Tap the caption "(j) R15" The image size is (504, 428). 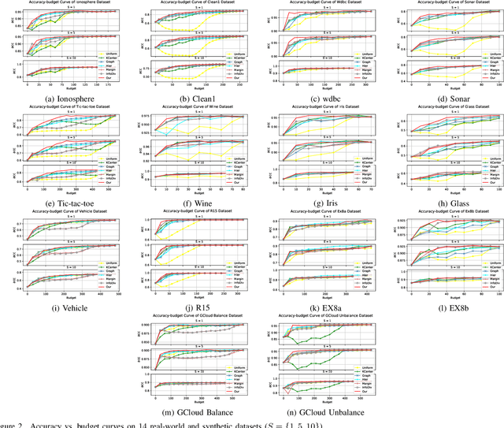pyautogui.click(x=190, y=307)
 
